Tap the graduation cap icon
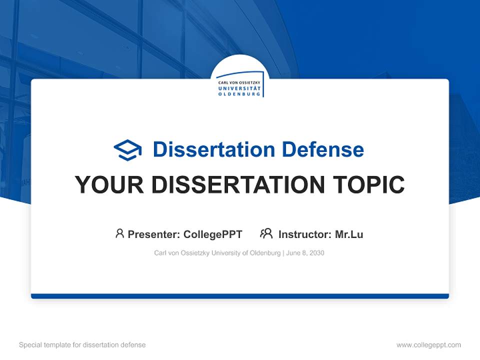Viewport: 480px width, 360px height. coord(127,150)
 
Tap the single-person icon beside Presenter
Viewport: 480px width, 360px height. coord(119,233)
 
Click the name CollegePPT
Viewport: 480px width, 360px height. coord(213,234)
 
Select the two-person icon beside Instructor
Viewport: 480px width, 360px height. coord(266,233)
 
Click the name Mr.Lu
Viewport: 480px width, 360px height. coord(349,234)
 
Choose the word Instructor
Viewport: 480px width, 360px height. coord(304,234)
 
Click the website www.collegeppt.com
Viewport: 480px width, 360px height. coord(428,345)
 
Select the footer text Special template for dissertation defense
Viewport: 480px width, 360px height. coord(82,345)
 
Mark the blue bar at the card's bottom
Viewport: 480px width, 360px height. coord(240,296)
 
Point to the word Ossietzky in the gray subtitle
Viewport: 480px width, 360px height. coord(195,253)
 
